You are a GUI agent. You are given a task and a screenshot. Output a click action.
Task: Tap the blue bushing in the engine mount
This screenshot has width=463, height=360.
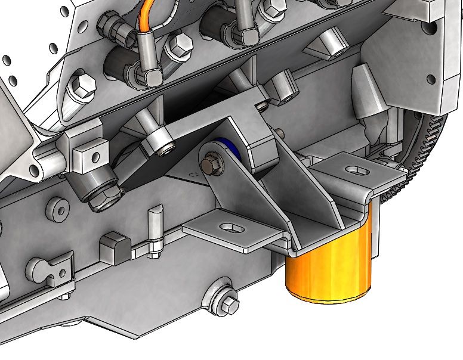pyautogui.click(x=234, y=153)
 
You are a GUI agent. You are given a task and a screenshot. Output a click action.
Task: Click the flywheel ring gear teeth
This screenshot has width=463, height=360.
pyautogui.click(x=439, y=143)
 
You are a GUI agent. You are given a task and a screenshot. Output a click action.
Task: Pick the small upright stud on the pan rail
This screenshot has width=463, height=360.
pyautogui.click(x=155, y=229)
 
